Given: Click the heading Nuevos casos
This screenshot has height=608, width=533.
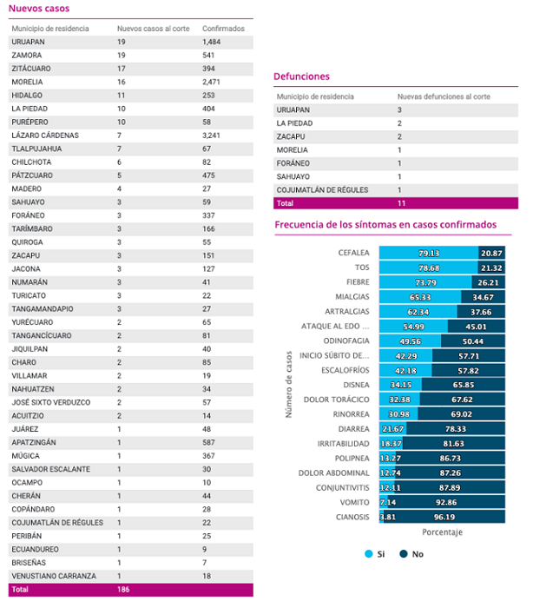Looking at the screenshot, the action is pos(39,9).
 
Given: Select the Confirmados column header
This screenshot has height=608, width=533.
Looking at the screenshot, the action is pos(223,29).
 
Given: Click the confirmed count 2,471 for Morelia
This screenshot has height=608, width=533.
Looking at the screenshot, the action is pos(211,82).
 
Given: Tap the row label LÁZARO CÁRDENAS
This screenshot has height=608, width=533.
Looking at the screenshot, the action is pos(45,135).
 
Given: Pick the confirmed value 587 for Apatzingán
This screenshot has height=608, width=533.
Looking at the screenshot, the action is pos(208,442).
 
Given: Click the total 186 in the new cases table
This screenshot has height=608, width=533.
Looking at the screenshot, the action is pos(123,590).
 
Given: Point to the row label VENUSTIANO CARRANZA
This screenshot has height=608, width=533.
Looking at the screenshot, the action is pos(54,576).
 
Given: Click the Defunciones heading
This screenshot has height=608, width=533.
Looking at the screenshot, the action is pos(301,76).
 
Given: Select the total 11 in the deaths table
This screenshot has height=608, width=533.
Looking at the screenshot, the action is pos(401,203).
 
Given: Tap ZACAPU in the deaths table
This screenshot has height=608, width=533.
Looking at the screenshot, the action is pos(291,136).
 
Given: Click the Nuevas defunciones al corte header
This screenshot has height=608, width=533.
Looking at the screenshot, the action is pos(444,96).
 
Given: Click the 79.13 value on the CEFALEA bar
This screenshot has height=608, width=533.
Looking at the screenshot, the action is pos(429,254).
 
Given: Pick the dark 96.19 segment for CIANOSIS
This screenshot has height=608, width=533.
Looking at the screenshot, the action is pos(444,517).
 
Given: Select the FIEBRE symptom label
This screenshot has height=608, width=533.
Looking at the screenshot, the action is pos(358,282).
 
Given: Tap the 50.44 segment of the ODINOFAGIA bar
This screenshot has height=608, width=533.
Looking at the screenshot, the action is pos(473,341).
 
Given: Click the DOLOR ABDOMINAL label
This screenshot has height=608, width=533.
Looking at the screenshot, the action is pos(333,473).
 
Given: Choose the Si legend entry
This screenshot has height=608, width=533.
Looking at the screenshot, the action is pos(375,554).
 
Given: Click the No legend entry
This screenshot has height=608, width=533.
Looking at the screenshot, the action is pos(411,554).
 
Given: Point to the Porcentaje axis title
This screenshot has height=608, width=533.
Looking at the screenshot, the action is pos(443,532).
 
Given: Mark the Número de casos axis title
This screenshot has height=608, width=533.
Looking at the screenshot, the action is pos(289,384).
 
